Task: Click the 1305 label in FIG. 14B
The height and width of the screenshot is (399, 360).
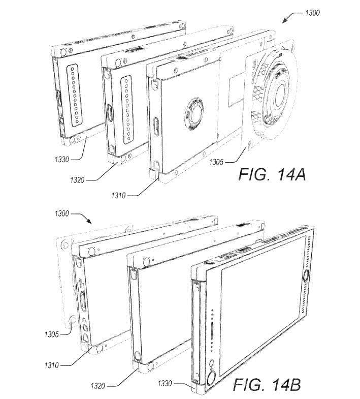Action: tap(51, 334)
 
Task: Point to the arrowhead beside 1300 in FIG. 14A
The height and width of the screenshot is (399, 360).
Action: tap(284, 20)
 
